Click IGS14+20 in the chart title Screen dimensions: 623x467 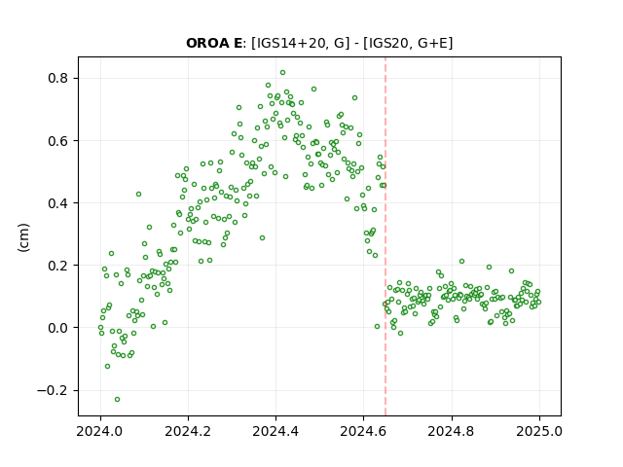tap(292, 43)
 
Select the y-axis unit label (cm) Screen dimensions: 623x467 tap(23, 237)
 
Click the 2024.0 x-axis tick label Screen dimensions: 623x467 tap(99, 431)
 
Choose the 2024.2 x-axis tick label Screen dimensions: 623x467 tap(188, 431)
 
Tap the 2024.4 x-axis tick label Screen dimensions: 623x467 tap(275, 431)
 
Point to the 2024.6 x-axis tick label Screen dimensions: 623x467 tap(363, 431)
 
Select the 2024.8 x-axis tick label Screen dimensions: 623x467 tap(451, 431)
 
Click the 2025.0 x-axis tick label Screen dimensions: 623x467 tap(539, 431)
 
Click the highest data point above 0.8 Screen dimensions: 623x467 tap(282, 73)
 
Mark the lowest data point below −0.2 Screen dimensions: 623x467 tap(117, 399)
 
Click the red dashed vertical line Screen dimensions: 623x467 tap(385, 236)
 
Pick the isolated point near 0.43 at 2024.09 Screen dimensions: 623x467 tap(138, 195)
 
